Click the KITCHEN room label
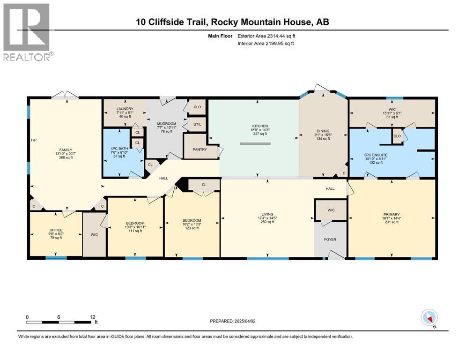[260, 126]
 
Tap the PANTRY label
[200, 149]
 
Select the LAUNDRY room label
[125, 109]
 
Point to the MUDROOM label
[167, 124]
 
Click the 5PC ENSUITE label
[376, 155]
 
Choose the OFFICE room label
[56, 230]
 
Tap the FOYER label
[330, 240]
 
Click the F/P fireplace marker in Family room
[34, 140]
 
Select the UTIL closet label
[198, 124]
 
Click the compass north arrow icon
[429, 318]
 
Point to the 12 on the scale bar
[93, 317]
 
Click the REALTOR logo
[27, 32]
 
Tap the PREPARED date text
[232, 321]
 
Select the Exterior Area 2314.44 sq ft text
[266, 36]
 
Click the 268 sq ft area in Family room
[66, 157]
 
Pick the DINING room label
[323, 131]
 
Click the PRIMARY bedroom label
[391, 214]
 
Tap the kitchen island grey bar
[256, 143]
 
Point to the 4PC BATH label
[119, 149]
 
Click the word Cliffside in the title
[177, 22]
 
